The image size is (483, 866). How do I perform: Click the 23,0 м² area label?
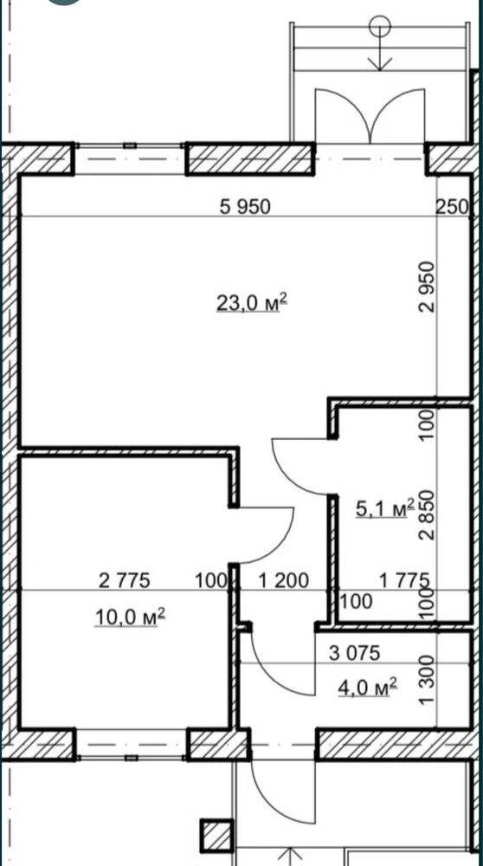[252, 303]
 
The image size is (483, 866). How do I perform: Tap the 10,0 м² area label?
[131, 617]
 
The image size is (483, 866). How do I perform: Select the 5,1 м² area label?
[384, 508]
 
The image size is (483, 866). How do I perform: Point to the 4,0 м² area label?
[368, 688]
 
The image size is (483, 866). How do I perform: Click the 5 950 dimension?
[245, 207]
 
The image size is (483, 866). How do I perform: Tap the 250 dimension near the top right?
[452, 207]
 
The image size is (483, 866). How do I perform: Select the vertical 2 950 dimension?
[428, 288]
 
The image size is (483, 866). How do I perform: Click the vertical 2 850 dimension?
[428, 514]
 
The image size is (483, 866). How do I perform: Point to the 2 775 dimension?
[124, 580]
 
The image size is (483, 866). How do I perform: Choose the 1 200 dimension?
[284, 580]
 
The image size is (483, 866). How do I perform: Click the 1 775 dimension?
[404, 580]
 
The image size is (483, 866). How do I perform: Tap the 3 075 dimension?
[354, 653]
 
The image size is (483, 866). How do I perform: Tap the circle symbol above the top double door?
[380, 25]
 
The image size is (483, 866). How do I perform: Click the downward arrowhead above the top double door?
[380, 63]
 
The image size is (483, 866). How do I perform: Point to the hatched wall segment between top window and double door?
[250, 159]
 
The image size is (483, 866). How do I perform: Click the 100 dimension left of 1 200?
[211, 580]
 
